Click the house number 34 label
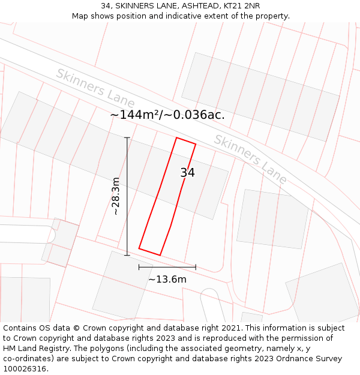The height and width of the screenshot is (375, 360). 187,173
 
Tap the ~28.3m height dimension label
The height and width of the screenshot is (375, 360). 116,196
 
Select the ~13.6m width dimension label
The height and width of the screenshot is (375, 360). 167,279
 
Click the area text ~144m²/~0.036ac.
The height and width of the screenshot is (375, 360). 167,115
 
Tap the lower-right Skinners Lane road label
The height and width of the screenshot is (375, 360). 251,158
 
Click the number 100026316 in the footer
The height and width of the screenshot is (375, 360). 24,369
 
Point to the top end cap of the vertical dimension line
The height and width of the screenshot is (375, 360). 127,138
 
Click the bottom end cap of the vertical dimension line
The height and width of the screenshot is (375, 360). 127,255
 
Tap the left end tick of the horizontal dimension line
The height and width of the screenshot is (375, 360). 139,267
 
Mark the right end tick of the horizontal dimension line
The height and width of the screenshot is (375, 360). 196,267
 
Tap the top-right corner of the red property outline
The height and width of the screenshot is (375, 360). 196,144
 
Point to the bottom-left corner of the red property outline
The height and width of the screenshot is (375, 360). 139,248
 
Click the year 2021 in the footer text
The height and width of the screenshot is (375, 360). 230,328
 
